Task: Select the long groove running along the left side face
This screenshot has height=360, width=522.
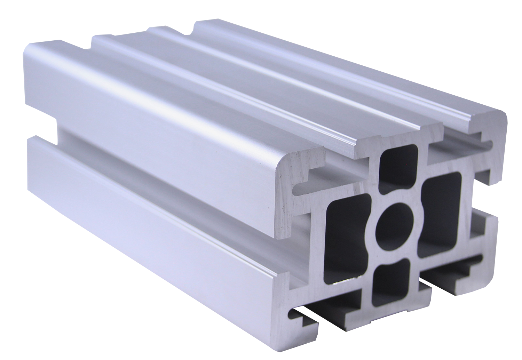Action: (x=157, y=174)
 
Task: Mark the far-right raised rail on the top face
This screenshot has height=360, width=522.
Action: (x=348, y=70)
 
